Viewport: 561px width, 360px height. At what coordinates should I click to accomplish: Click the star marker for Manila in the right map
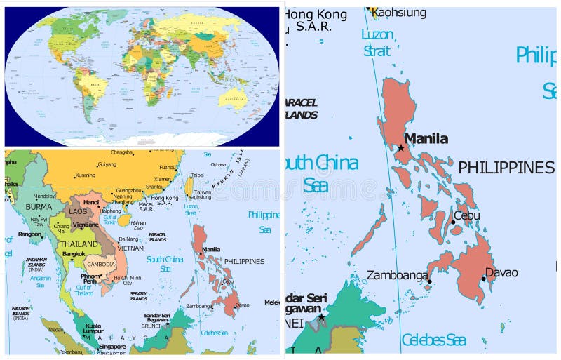[x=400, y=147]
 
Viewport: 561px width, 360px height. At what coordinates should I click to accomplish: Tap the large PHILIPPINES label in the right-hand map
[x=506, y=168]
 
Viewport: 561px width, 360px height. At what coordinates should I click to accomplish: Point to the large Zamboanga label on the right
[x=397, y=275]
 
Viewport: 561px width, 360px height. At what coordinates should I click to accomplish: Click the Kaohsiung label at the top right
[x=398, y=13]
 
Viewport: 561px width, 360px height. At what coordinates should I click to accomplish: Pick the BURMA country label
[x=39, y=208]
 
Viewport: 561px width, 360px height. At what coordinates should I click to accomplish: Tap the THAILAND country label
[x=79, y=244]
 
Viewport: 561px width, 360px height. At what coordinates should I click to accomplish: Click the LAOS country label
[x=78, y=211]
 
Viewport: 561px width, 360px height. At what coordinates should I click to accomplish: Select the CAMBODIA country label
[x=100, y=265]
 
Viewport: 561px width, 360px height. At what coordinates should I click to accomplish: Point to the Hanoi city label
[x=91, y=202]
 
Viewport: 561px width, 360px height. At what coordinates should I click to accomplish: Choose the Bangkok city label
[x=73, y=253]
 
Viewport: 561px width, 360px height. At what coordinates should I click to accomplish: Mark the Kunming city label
[x=85, y=175]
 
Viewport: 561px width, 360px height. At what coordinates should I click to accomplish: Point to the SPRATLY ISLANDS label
[x=139, y=295]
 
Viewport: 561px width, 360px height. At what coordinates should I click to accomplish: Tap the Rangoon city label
[x=29, y=234]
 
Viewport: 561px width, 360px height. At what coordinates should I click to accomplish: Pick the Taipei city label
[x=197, y=175]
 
